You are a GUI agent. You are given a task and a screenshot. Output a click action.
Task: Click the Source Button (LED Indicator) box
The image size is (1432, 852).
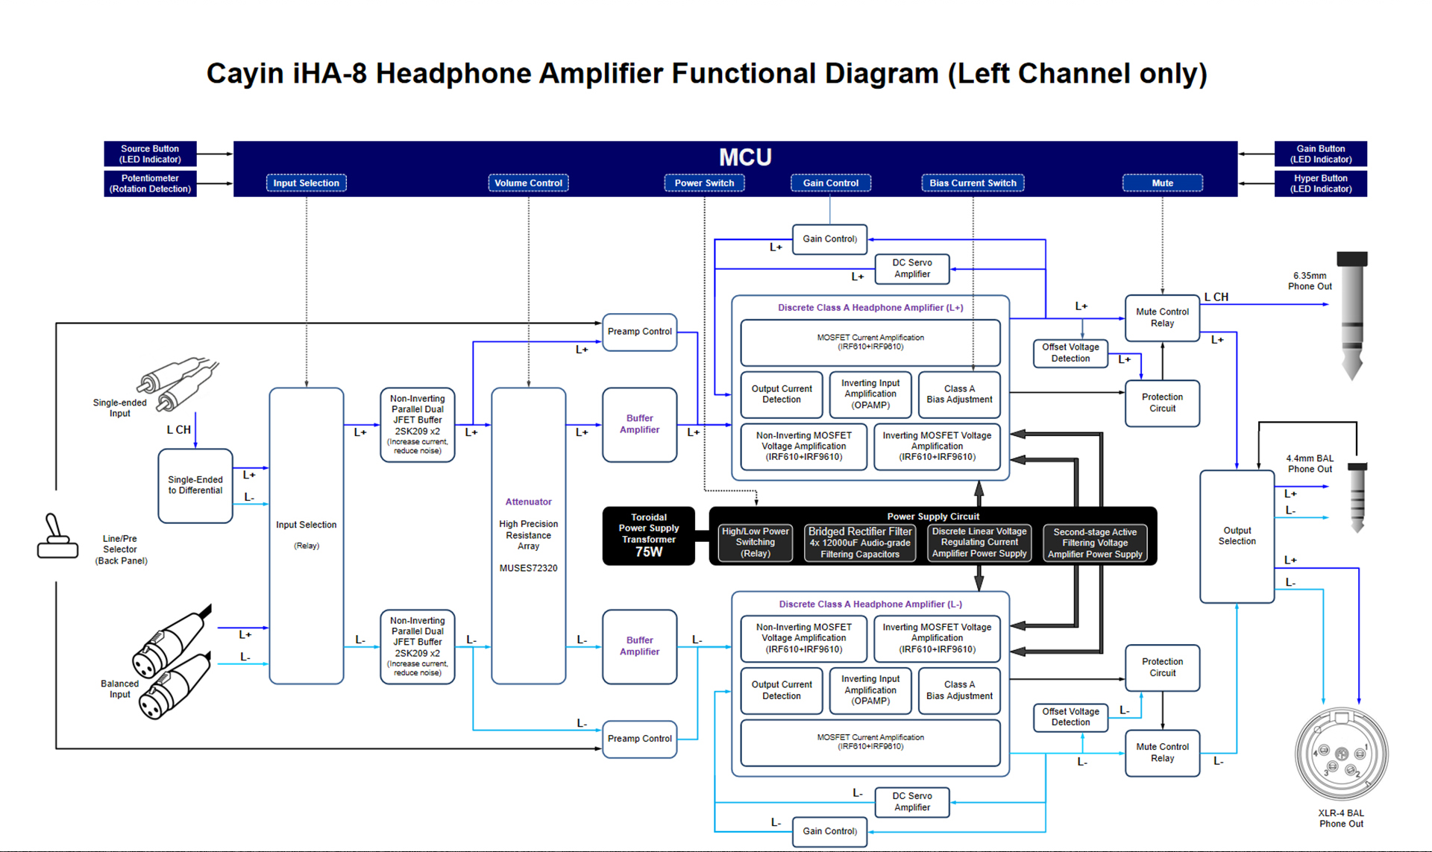pos(150,154)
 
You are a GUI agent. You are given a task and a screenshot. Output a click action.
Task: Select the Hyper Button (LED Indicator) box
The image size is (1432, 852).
pos(1320,183)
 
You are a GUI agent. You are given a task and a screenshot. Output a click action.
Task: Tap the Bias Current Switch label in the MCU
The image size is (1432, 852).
pos(973,183)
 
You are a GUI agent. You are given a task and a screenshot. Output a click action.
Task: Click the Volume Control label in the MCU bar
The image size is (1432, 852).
pos(528,183)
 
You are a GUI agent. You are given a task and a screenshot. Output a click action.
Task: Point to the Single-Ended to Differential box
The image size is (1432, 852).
pos(195,485)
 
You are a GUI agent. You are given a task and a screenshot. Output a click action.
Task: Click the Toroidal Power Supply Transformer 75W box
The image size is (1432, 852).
pos(648,536)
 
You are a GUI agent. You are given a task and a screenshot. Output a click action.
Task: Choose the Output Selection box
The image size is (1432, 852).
pos(1237,536)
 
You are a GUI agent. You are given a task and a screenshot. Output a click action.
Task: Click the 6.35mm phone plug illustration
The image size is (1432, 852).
pos(1351,313)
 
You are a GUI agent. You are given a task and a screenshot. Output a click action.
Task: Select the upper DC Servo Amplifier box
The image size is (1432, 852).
pos(911,268)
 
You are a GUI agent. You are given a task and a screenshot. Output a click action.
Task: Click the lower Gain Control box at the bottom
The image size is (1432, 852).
pos(829,831)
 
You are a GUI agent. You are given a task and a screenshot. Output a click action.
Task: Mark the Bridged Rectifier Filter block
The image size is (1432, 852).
pos(859,543)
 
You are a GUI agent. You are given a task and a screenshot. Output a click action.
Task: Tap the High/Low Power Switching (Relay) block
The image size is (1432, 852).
pos(755,543)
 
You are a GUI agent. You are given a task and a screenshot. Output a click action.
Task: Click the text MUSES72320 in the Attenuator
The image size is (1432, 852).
pos(528,568)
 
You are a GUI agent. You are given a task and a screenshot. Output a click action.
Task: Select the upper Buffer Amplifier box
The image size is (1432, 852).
pos(639,424)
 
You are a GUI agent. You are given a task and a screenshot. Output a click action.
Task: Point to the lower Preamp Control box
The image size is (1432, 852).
pos(639,739)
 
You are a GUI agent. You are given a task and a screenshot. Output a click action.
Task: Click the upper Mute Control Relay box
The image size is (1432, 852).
pos(1162,318)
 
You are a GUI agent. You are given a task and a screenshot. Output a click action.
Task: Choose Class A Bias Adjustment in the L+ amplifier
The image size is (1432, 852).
pos(959,394)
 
